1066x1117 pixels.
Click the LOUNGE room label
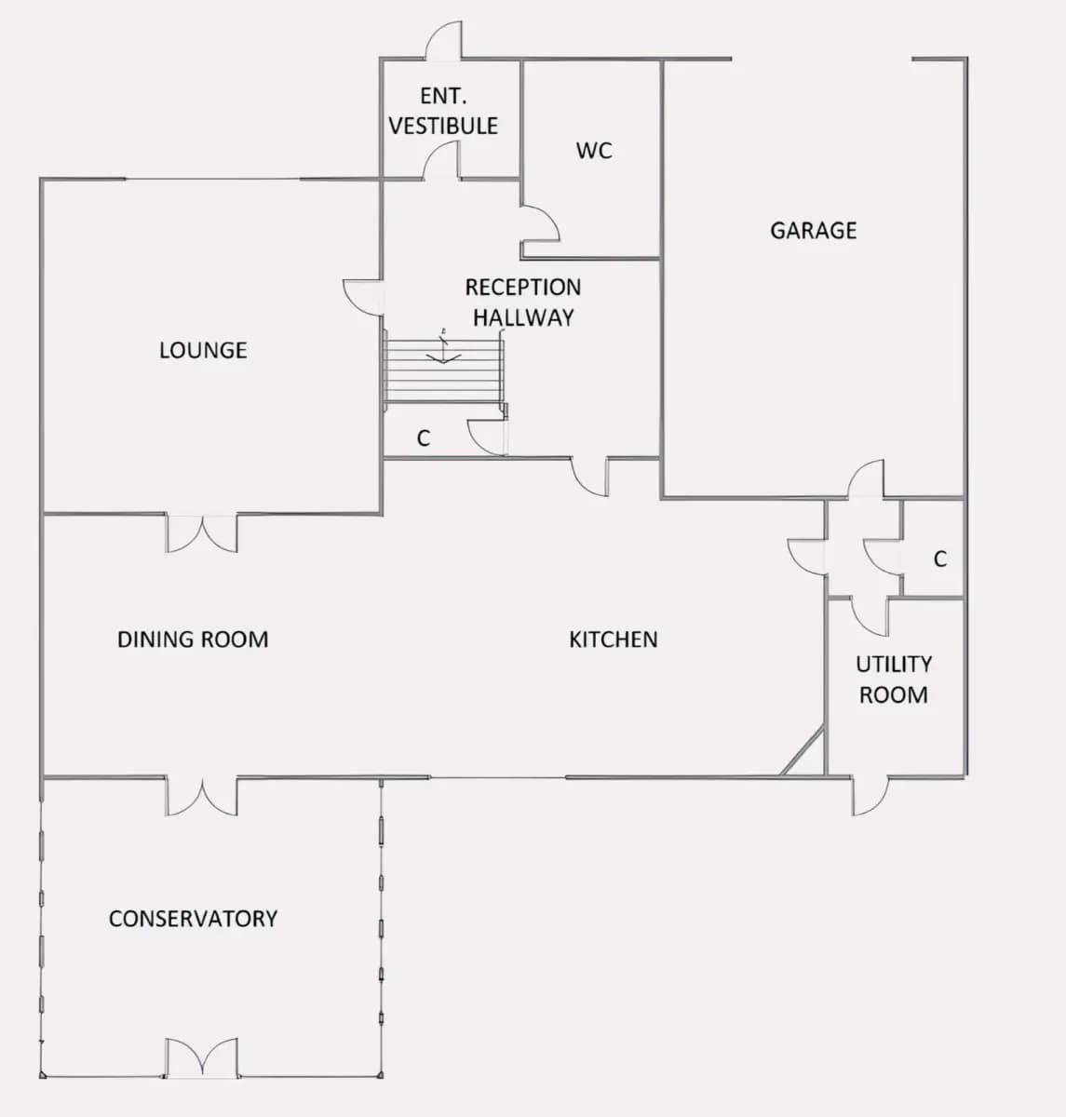click(x=203, y=351)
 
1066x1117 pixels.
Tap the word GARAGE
click(x=813, y=231)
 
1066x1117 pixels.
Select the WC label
click(x=594, y=151)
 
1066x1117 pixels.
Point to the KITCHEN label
click(x=614, y=639)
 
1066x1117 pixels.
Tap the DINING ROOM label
click(x=193, y=639)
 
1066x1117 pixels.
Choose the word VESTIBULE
click(x=443, y=126)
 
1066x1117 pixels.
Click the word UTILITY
click(x=894, y=665)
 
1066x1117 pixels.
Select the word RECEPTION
click(x=523, y=288)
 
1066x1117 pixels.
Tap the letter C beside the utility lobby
click(x=940, y=559)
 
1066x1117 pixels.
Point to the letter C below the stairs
click(x=424, y=438)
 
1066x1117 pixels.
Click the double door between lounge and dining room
click(x=202, y=533)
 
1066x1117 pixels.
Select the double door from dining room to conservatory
click(x=202, y=796)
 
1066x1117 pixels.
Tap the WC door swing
click(x=540, y=223)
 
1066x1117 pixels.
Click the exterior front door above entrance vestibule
click(x=444, y=40)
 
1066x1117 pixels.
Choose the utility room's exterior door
click(x=870, y=796)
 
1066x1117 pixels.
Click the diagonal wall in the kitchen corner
click(x=803, y=752)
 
